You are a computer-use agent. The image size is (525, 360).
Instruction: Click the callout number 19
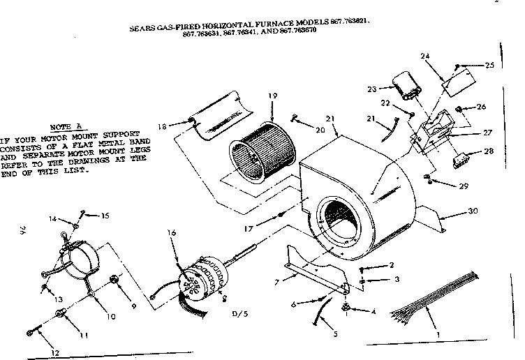tap(274, 96)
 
